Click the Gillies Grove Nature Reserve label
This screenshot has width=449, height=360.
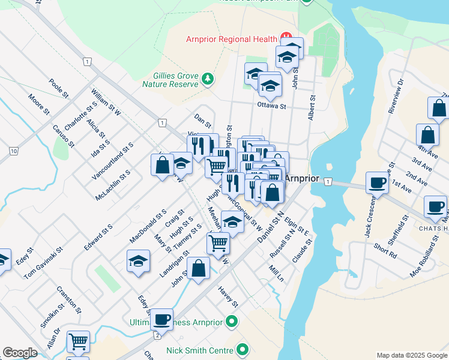coord(175,80)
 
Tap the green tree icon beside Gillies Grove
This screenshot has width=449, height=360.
coord(208,79)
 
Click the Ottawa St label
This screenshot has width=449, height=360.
coord(271,106)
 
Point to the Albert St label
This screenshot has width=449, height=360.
coord(311,107)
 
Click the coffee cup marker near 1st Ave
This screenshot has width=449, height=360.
coord(378,182)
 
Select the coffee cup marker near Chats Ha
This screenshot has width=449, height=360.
coord(436,208)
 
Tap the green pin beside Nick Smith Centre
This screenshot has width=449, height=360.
coord(243,349)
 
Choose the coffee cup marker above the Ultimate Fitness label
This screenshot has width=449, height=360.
coord(161,319)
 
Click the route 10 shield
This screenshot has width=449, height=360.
coord(13,151)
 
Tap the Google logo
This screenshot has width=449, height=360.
coord(20,353)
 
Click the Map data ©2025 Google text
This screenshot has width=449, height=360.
coord(411,355)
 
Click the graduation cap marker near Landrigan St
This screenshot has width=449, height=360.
coord(138,262)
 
